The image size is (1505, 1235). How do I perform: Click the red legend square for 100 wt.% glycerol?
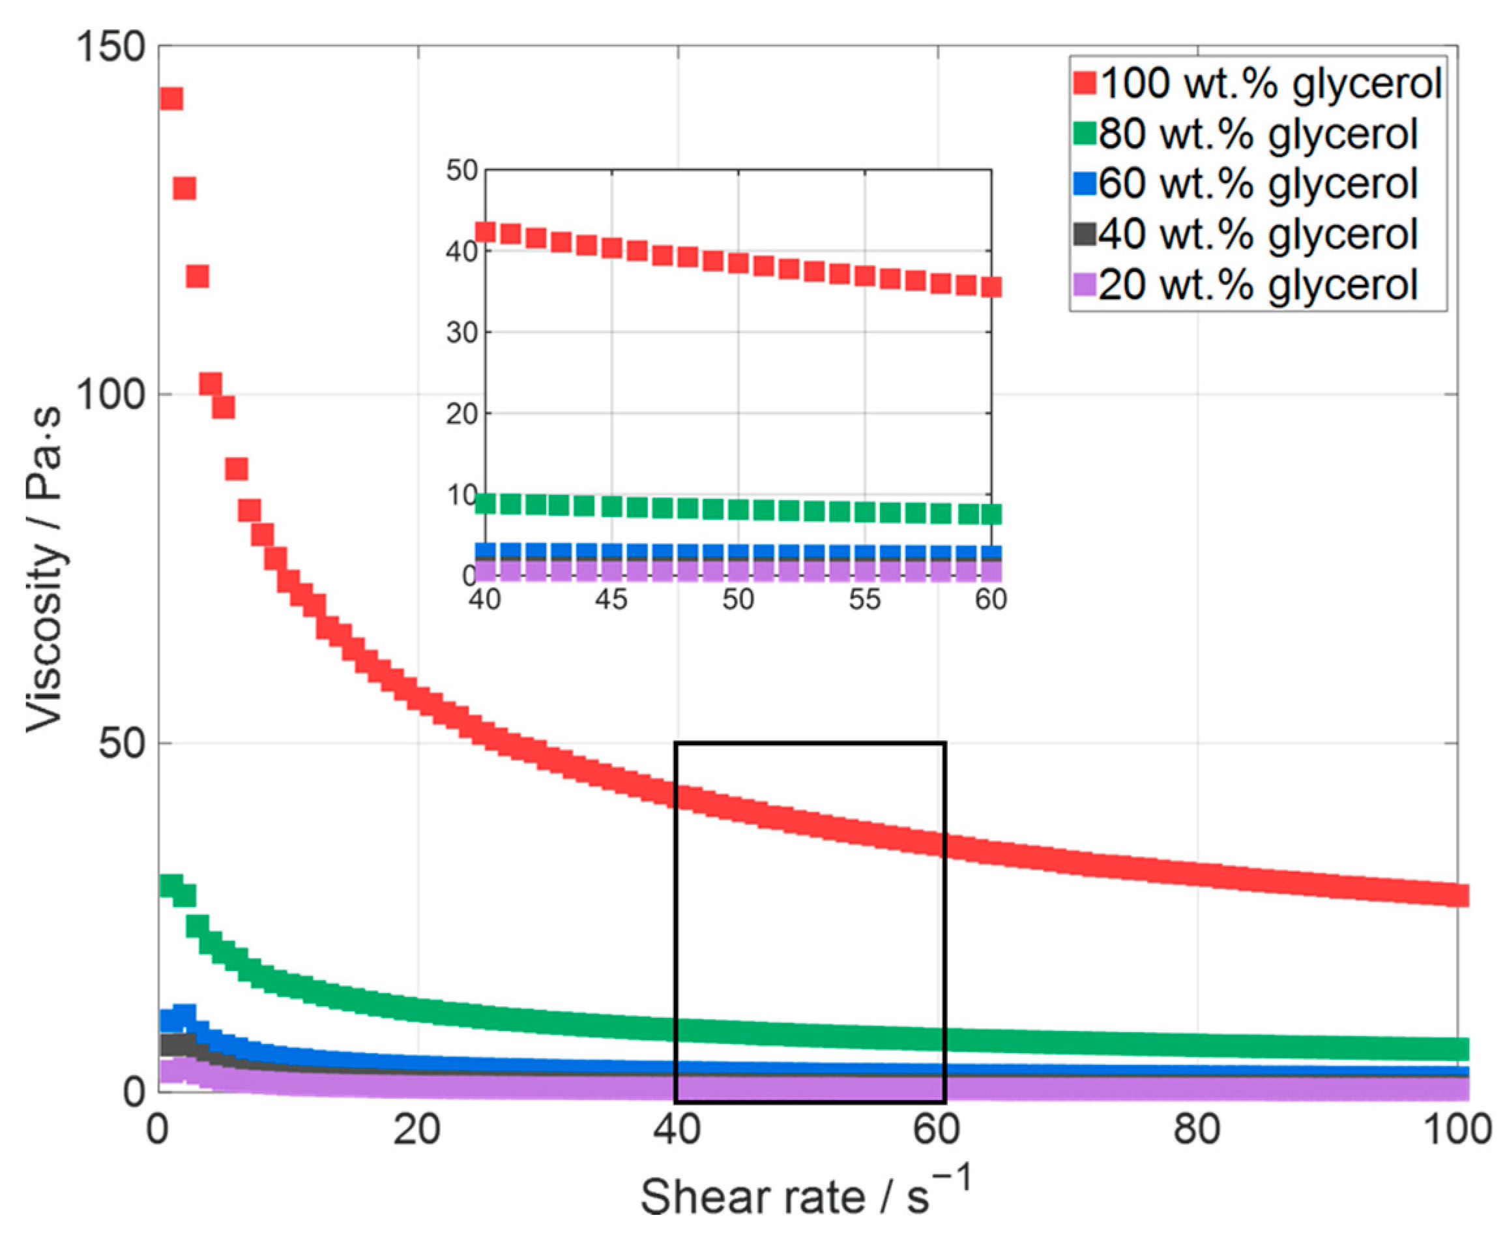[1085, 83]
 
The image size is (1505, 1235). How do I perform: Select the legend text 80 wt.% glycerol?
[1257, 134]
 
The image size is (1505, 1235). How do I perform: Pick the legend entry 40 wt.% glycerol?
[1257, 234]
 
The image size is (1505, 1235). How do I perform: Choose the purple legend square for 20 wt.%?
[1085, 285]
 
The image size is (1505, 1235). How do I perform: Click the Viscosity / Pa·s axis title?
[44, 569]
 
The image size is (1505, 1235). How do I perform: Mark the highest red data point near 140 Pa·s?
[171, 98]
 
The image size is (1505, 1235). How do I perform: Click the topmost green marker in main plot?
[171, 885]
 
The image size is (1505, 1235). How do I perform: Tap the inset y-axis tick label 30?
[461, 333]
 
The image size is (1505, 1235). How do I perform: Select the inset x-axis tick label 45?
[611, 600]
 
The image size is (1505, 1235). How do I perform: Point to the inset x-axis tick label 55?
[864, 600]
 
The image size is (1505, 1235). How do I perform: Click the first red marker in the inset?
[485, 232]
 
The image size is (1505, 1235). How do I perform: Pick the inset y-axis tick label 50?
[461, 170]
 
